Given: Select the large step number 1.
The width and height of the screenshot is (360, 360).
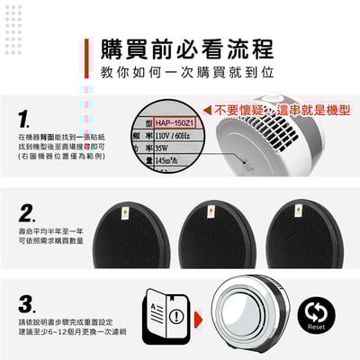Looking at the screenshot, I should (24, 117).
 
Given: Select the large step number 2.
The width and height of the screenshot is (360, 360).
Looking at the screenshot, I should (27, 212).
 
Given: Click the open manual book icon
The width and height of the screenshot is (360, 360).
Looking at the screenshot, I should (163, 316).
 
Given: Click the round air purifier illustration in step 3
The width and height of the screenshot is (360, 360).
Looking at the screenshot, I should (251, 314).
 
